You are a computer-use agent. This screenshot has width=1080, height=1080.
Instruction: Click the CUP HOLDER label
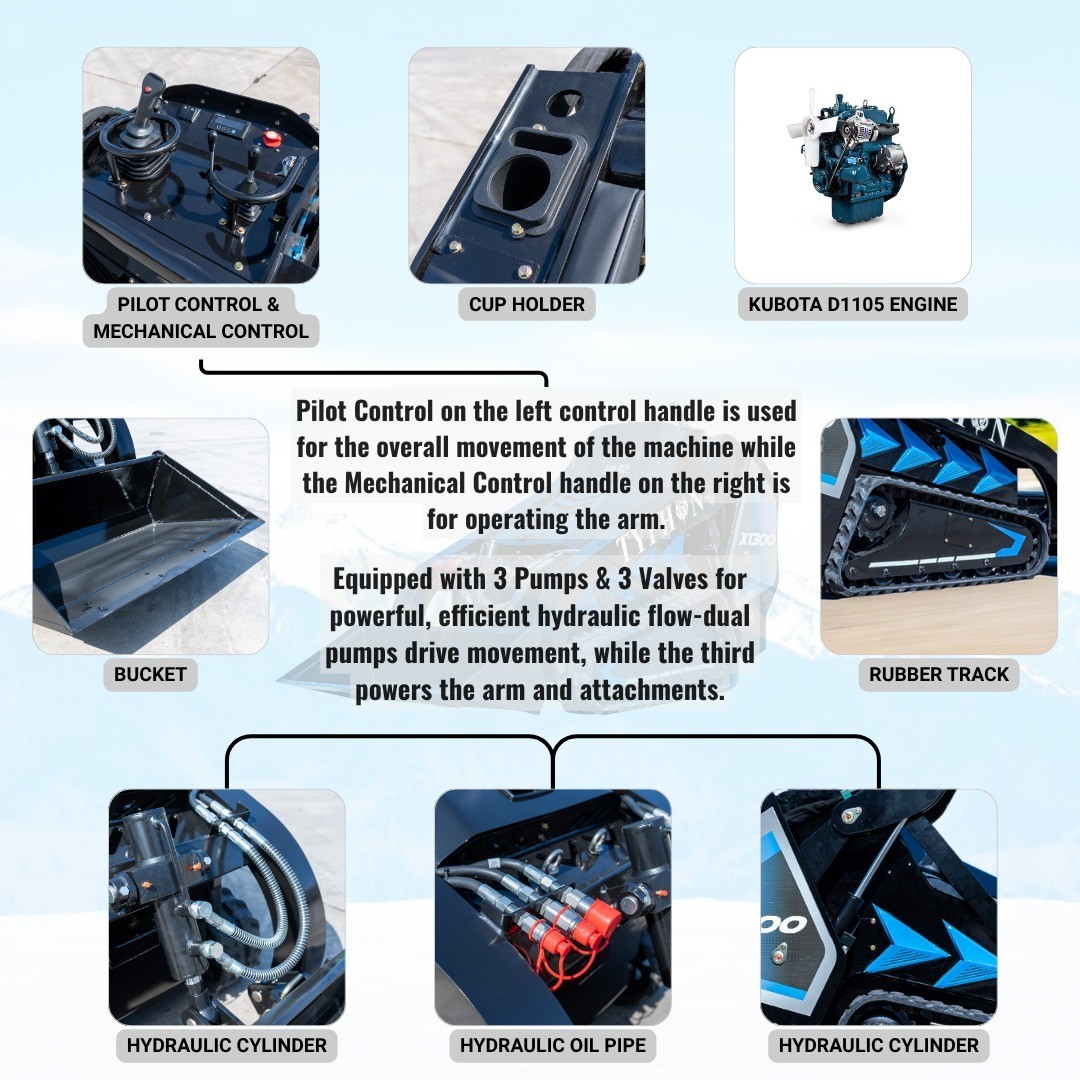[526, 304]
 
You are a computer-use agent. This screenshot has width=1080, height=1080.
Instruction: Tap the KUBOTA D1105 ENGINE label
[853, 304]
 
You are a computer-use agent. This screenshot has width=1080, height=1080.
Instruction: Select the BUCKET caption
[150, 674]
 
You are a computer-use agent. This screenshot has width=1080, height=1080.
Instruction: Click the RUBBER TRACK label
[939, 674]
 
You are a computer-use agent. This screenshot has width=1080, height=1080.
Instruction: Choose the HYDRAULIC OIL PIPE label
[552, 1045]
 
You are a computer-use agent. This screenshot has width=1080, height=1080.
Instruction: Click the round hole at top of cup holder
[563, 103]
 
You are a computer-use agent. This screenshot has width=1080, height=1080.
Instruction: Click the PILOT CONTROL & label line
[199, 304]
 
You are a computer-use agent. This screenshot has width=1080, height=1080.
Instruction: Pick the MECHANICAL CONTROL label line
[200, 331]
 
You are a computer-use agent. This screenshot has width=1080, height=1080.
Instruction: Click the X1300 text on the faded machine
[757, 539]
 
